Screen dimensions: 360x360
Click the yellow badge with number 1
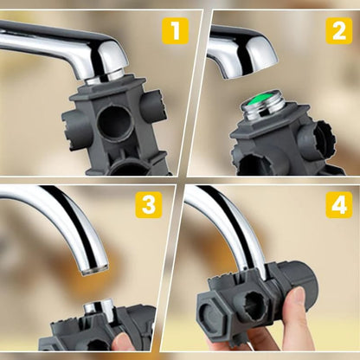176,31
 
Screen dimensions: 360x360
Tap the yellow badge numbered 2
338,31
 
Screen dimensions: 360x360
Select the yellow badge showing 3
149,205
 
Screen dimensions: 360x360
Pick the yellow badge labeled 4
338,205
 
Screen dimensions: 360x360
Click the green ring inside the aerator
271,109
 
